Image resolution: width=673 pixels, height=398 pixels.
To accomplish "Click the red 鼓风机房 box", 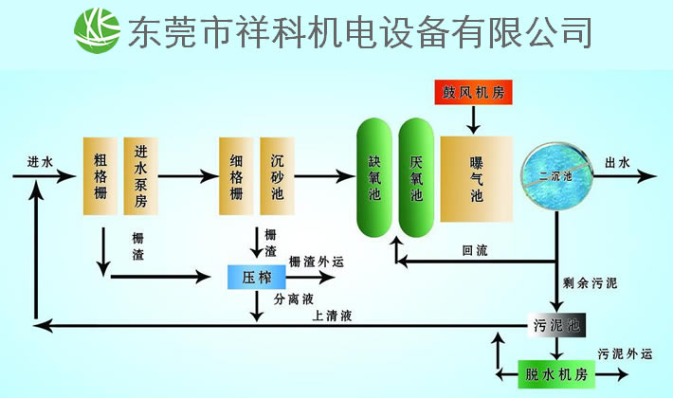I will pos(474,93).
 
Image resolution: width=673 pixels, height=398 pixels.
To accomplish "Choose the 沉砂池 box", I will pos(277,175).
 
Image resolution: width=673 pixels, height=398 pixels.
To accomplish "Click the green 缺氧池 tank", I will pos(373,178).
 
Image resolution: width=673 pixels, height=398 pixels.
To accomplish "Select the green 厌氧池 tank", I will pos(415,178).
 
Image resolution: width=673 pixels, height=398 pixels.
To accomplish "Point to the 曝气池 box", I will pos(476,178).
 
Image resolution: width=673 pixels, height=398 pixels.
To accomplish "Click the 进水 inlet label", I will pos(41,162).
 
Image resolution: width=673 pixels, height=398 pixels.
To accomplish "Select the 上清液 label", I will pos(332,316).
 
